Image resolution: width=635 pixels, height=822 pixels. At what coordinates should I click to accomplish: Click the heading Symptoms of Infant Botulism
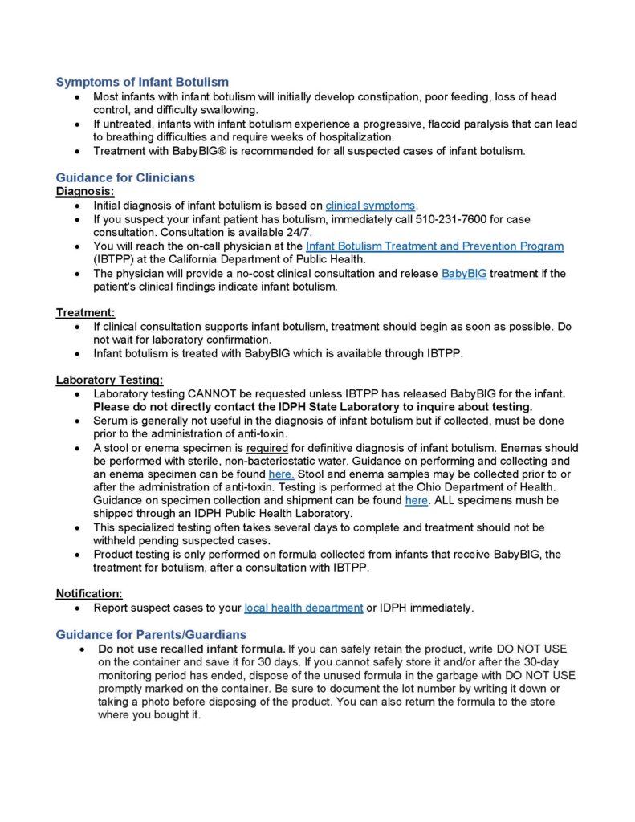(x=142, y=82)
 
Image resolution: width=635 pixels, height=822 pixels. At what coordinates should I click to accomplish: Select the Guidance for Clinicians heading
(x=125, y=177)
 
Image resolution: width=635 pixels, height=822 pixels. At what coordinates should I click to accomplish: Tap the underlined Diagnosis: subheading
(x=85, y=191)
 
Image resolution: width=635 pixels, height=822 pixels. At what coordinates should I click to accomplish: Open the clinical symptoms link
(x=371, y=205)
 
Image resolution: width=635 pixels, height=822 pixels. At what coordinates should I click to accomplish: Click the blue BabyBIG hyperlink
(x=464, y=274)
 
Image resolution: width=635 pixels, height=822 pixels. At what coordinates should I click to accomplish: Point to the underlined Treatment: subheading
(x=85, y=312)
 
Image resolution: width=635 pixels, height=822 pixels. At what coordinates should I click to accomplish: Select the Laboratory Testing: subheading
(x=109, y=380)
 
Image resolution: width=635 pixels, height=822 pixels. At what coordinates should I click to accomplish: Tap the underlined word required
(x=267, y=448)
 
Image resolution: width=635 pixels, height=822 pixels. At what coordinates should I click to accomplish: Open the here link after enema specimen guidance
(x=281, y=475)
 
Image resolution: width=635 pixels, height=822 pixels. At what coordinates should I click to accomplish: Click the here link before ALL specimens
(x=416, y=500)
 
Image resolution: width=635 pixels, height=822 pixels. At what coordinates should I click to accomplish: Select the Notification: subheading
(x=88, y=593)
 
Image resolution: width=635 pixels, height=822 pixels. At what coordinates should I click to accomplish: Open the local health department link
(x=303, y=608)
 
